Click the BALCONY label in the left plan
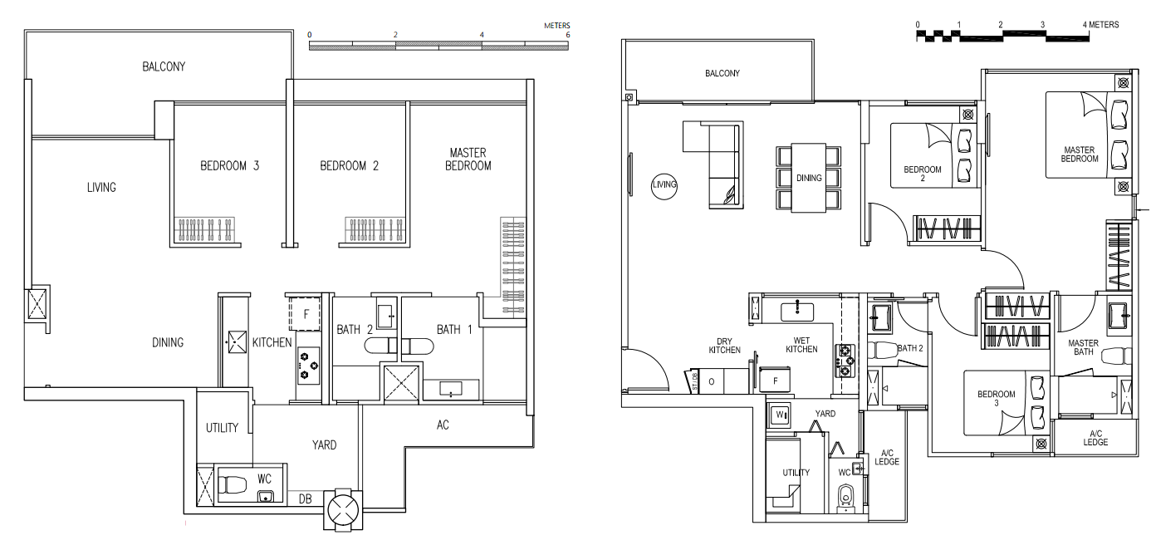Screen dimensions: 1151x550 tap(164, 66)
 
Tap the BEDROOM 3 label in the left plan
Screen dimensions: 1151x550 tap(230, 165)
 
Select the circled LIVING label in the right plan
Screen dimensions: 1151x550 tap(664, 185)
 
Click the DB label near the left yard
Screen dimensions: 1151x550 tap(305, 498)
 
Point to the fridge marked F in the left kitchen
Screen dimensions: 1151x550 tap(305, 313)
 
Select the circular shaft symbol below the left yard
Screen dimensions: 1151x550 tap(343, 509)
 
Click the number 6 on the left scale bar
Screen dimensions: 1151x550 tap(568, 35)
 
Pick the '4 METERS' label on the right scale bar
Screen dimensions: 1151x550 tap(1100, 25)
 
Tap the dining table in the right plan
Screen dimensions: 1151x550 tap(808, 178)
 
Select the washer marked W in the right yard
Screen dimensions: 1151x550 tap(780, 415)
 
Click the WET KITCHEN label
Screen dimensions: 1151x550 tap(801, 345)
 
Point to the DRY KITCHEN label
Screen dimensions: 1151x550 tap(724, 346)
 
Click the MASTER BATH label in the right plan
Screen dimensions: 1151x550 tap(1083, 347)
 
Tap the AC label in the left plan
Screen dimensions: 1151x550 tap(443, 425)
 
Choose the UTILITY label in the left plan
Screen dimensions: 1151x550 tap(222, 428)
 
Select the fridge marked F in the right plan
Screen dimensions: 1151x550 tap(775, 381)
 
